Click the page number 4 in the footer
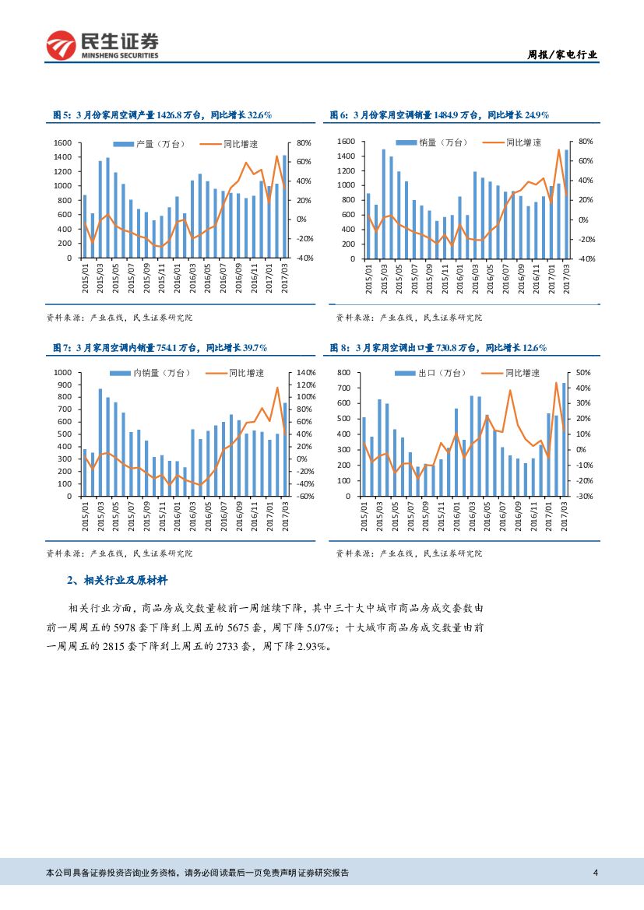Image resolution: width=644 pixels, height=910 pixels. pos(595,873)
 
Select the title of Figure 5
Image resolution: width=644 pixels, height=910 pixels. pos(161,115)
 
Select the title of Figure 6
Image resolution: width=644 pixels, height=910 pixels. pos(440,115)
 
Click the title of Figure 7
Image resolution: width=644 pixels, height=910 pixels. pos(159,347)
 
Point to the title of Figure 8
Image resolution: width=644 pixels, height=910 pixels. pos(438,347)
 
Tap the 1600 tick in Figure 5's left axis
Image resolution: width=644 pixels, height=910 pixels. pos(62,143)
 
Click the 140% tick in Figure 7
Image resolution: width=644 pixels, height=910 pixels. pos(305,374)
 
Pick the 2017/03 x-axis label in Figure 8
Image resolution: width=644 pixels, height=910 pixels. pos(565,516)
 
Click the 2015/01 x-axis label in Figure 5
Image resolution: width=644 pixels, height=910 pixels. pos(85,278)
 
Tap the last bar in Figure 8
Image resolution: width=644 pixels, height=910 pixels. pos(564,439)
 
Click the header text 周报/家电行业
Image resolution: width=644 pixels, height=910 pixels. pos(563,54)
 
